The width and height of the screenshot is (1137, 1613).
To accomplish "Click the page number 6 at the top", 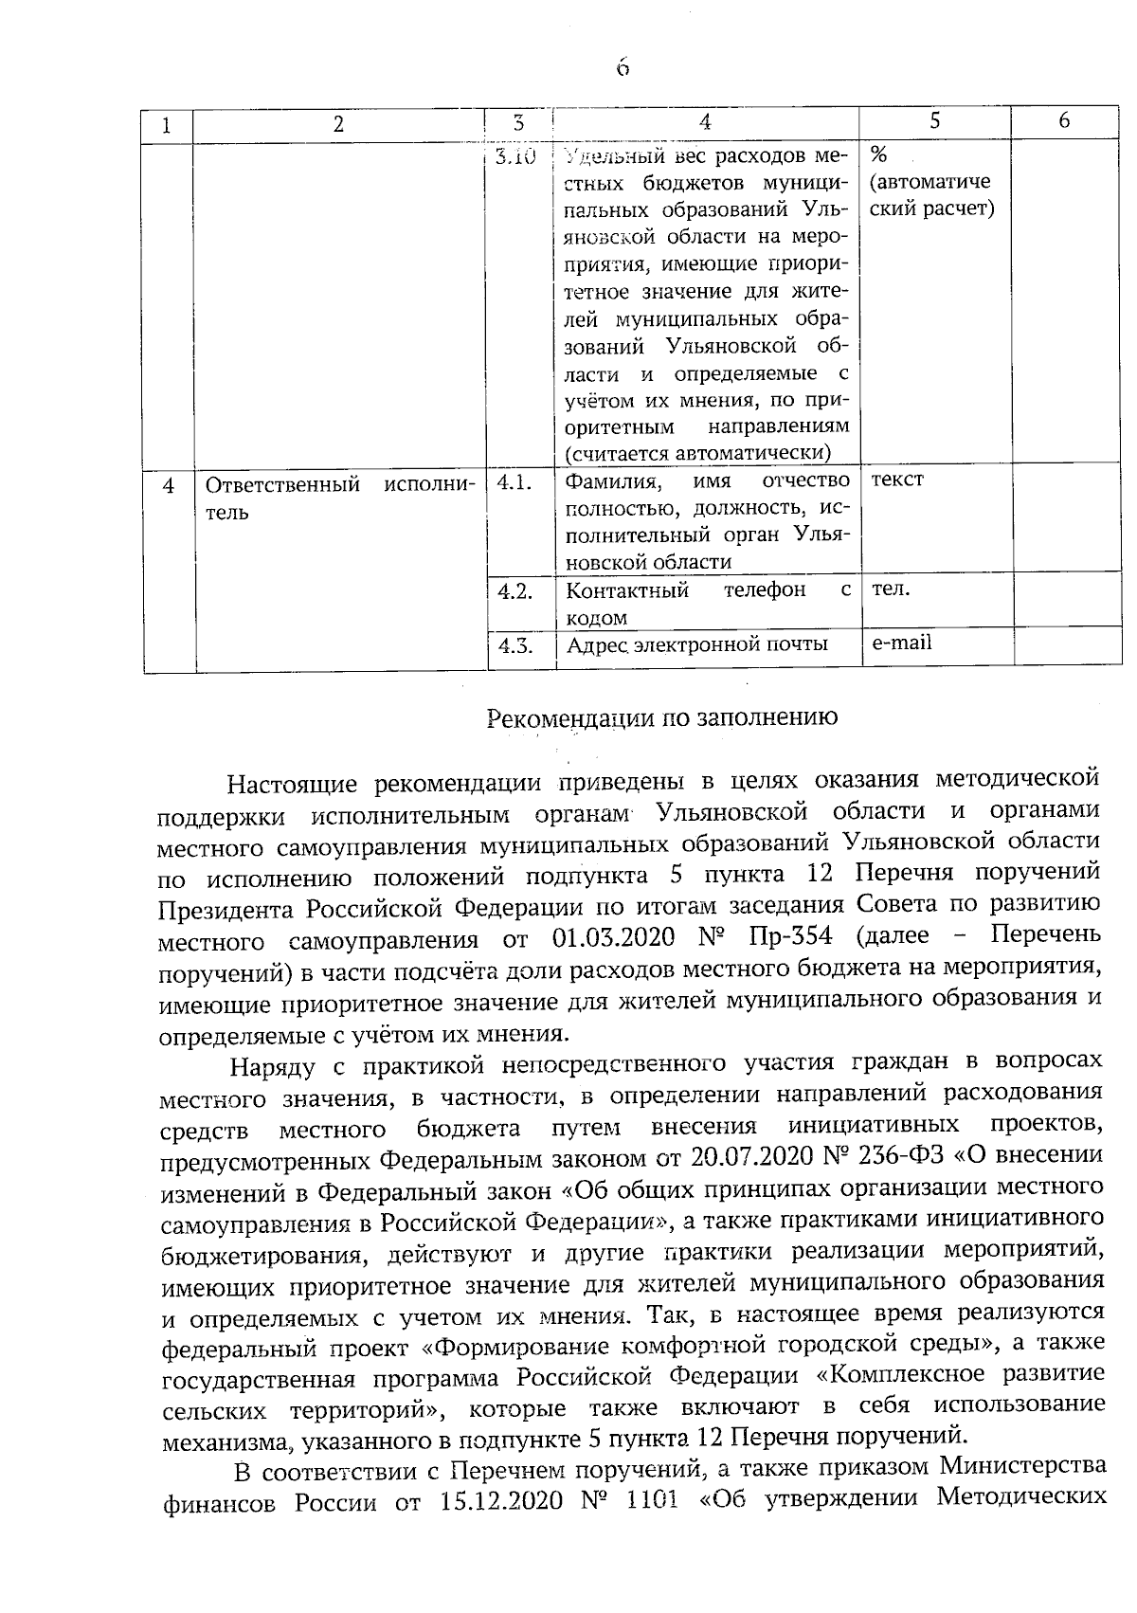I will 622,68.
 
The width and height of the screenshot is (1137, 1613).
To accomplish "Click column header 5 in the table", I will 934,120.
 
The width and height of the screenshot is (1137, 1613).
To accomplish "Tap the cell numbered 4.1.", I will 513,481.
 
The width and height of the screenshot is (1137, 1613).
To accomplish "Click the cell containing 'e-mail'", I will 901,643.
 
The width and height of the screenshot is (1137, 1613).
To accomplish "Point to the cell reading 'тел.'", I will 891,589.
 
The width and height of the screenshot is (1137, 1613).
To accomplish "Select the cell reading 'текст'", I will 896,480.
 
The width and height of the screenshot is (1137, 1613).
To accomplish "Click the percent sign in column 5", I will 877,154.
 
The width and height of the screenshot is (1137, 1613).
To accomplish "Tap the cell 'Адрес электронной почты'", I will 696,645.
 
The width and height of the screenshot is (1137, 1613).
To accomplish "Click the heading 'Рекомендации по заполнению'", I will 661,717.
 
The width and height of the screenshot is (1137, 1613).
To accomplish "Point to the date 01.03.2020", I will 612,937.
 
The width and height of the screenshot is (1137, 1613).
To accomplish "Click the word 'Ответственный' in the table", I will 283,485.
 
